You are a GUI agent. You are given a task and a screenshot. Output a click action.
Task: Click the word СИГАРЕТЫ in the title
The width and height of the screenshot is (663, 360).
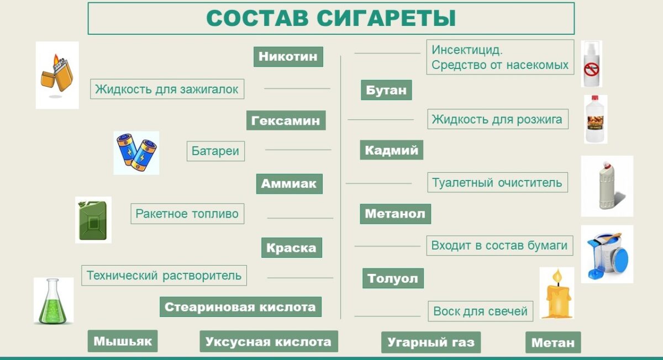pos(386,19)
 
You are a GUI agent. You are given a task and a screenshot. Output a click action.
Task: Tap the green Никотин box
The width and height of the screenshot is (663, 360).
pos(288,56)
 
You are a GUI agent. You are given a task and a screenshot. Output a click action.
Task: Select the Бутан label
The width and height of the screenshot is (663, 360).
pos(386,90)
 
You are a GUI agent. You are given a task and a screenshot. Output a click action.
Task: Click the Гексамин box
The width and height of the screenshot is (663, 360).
pos(286,120)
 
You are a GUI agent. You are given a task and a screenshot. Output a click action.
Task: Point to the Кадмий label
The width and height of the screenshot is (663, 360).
pos(392,150)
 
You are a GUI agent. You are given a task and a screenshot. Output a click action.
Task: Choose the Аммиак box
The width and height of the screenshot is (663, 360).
pos(289,184)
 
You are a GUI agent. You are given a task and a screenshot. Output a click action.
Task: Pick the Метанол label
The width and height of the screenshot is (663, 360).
pos(396,214)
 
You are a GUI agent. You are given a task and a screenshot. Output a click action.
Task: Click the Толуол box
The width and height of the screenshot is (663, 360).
pos(393,278)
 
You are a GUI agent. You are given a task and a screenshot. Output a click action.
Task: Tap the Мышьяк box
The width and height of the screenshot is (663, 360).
pos(123,341)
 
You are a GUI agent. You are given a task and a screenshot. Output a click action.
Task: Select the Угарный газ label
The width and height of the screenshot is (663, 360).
pos(431,342)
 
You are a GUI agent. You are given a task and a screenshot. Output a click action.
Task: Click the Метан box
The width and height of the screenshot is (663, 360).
pos(553,342)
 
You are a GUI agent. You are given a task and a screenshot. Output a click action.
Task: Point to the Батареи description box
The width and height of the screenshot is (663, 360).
pos(216,151)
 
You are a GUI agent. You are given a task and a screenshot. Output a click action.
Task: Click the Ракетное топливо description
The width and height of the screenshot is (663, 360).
pos(187,214)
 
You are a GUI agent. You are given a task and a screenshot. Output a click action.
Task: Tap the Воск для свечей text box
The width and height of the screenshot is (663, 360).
pos(480,311)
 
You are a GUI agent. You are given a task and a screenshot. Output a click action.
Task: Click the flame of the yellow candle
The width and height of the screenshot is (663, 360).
pos(557,276)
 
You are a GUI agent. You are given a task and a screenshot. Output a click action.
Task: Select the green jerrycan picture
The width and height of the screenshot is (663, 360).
pos(93,220)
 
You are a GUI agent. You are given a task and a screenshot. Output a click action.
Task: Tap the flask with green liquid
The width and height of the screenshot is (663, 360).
pos(53,301)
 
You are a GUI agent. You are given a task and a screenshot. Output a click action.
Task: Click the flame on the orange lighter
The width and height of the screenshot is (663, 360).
pos(56,60)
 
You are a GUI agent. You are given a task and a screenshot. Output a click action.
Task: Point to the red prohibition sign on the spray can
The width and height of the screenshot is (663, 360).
pos(591,70)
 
